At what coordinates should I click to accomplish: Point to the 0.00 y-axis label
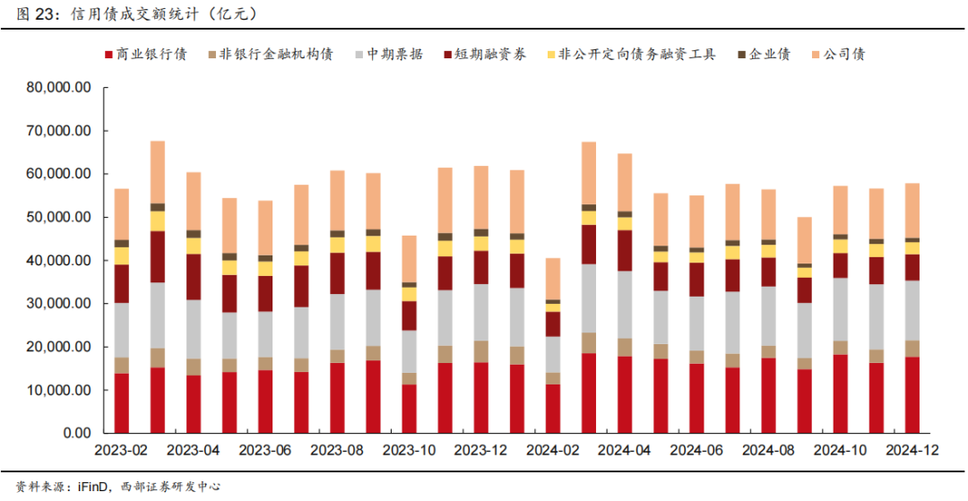(x=75, y=434)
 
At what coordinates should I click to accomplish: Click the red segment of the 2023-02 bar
(x=122, y=403)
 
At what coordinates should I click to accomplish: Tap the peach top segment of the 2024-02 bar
(x=553, y=279)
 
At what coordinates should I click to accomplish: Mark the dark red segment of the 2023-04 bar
(x=194, y=277)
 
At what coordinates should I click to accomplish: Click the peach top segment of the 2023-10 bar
(x=410, y=259)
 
